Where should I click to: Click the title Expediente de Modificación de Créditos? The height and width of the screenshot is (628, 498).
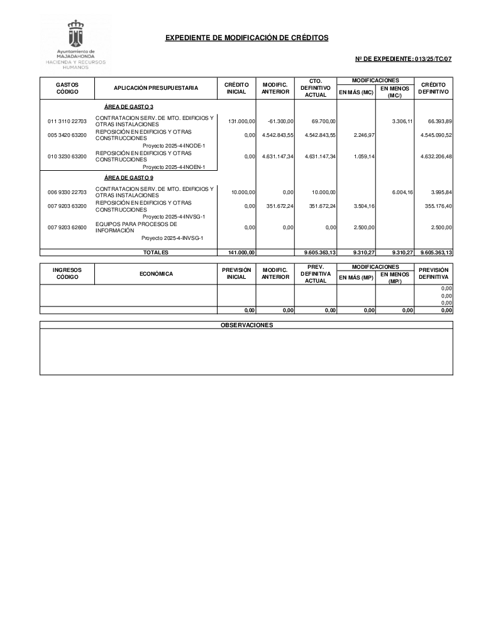(x=246, y=38)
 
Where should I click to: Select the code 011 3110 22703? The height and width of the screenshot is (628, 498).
(x=67, y=121)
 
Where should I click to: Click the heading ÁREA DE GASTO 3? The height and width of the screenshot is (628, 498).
(x=128, y=107)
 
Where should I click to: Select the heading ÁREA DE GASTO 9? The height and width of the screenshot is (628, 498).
(x=128, y=178)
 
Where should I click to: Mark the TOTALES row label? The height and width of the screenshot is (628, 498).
(x=155, y=252)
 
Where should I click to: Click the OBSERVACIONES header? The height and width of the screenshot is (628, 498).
(x=246, y=325)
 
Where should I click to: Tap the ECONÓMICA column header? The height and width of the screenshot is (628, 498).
(x=155, y=273)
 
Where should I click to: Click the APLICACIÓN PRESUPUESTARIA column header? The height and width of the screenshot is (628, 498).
(x=155, y=88)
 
